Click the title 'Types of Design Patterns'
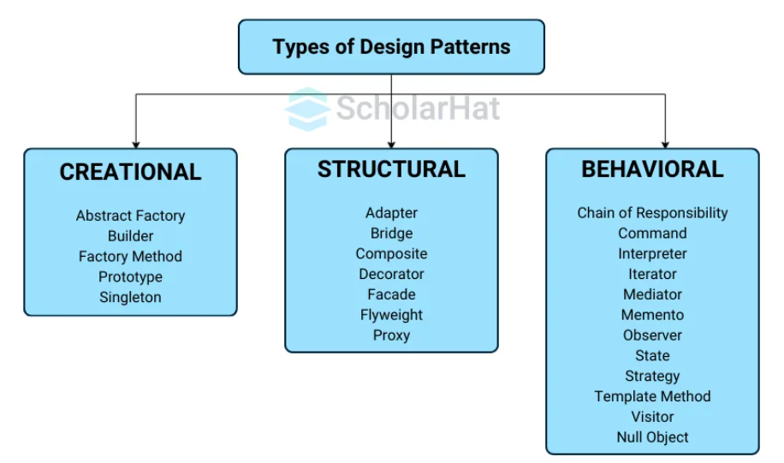(x=391, y=46)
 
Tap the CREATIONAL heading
(x=130, y=172)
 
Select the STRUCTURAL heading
(x=391, y=169)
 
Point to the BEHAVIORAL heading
(x=652, y=169)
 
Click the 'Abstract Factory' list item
(x=130, y=216)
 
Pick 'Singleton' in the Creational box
(x=130, y=297)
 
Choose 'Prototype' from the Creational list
(x=130, y=276)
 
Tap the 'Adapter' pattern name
(x=391, y=212)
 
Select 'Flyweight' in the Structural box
(x=391, y=315)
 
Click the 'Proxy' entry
(x=391, y=335)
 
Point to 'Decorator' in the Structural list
(x=391, y=274)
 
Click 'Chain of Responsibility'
(x=652, y=212)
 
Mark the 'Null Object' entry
(x=652, y=437)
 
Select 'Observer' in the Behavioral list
(x=652, y=335)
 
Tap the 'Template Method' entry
(x=652, y=396)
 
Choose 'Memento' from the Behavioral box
(x=652, y=315)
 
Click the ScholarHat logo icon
(x=307, y=109)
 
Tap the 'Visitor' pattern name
(x=652, y=417)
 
